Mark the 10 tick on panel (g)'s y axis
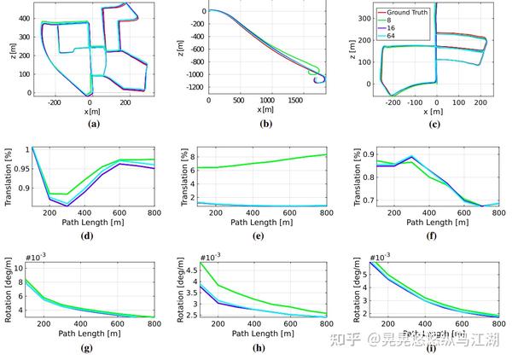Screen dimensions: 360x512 click(x=23, y=266)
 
